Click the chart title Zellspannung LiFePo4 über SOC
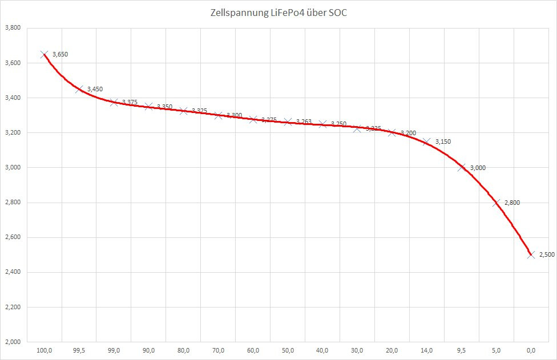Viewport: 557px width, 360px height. pyautogui.click(x=278, y=13)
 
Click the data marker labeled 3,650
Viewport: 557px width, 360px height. pyautogui.click(x=45, y=55)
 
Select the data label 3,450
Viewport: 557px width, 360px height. pyautogui.click(x=95, y=89)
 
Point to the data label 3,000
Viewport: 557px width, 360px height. pyautogui.click(x=477, y=168)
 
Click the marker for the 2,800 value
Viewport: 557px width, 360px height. pyautogui.click(x=497, y=203)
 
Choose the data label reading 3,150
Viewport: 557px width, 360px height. pyautogui.click(x=443, y=141)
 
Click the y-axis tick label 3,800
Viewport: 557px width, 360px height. pyautogui.click(x=13, y=27)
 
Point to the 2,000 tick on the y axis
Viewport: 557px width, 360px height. pyautogui.click(x=13, y=342)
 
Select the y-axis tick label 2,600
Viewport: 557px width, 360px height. pyautogui.click(x=13, y=237)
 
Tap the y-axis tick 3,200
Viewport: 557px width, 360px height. pyautogui.click(x=13, y=132)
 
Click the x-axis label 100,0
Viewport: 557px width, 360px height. pyautogui.click(x=45, y=350)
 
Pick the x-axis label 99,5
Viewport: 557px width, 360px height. pyautogui.click(x=79, y=350)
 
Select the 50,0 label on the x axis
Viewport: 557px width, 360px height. pyautogui.click(x=288, y=350)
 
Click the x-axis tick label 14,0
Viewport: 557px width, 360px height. pyautogui.click(x=427, y=350)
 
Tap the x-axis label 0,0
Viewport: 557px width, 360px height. pyautogui.click(x=531, y=350)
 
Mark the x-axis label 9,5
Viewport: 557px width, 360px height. pyautogui.click(x=462, y=350)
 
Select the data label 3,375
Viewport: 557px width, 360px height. pyautogui.click(x=130, y=102)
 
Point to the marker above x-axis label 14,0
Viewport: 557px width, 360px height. pyautogui.click(x=427, y=141)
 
